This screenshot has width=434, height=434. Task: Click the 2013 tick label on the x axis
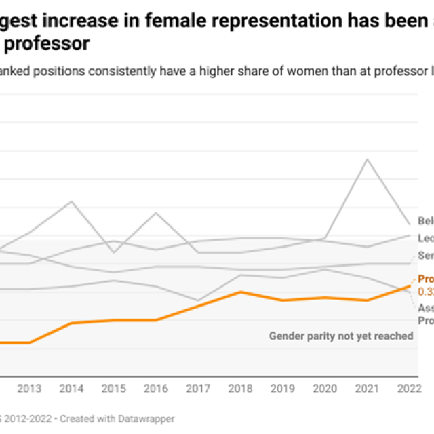coord(29,389)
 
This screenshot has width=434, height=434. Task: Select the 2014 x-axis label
coord(71,389)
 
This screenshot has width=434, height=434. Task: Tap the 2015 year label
coord(114,389)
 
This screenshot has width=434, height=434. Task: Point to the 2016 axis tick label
coord(156,389)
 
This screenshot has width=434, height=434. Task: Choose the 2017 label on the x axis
coord(198,389)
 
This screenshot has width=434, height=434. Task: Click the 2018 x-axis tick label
coord(241,389)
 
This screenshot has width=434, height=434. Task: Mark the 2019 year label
coord(283,389)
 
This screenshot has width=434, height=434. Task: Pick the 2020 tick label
coord(325,389)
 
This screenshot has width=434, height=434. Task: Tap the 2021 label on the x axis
coord(367,389)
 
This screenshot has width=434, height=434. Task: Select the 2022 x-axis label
coord(409,389)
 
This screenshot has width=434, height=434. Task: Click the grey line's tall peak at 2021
coord(367,159)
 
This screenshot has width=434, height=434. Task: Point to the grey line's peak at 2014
coord(71,201)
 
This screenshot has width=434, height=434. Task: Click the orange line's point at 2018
coord(241,292)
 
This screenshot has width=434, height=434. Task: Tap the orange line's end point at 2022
coord(410,286)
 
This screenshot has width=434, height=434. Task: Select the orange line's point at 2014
coord(71,323)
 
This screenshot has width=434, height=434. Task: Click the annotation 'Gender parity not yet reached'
coord(341,336)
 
